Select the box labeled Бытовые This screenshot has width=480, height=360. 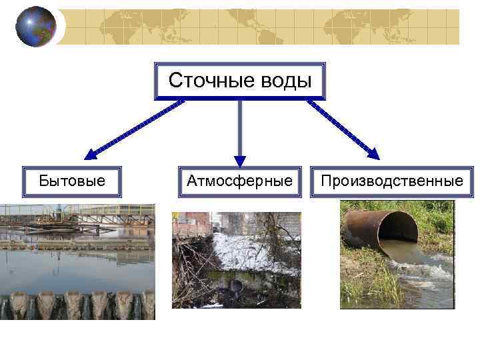[72, 181]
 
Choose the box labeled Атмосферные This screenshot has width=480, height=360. [240, 181]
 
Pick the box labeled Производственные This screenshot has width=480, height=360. [392, 181]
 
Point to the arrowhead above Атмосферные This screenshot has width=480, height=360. [240, 161]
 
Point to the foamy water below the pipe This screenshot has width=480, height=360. [427, 273]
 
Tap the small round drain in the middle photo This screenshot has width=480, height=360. [236, 285]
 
